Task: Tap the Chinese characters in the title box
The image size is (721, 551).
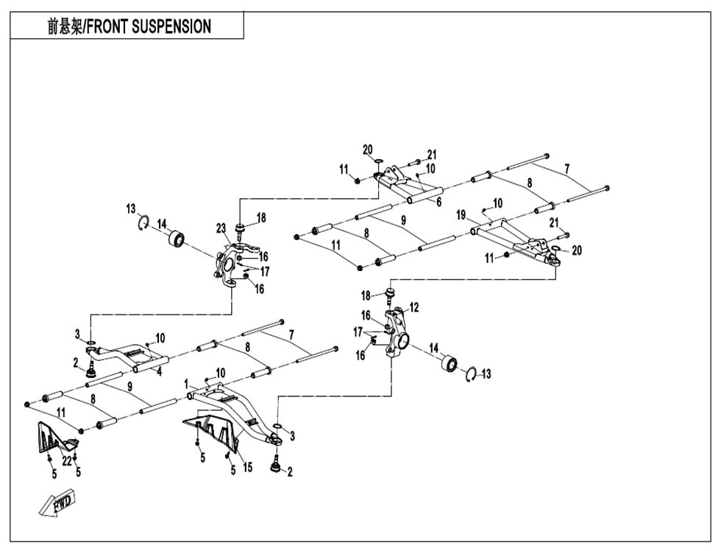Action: [x=65, y=27]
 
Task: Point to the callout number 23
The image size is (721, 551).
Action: [x=221, y=228]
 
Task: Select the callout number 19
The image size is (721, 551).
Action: [x=461, y=215]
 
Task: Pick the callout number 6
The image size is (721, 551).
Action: [x=438, y=202]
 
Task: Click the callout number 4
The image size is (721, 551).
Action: [x=159, y=372]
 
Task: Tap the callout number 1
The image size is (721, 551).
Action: [x=186, y=384]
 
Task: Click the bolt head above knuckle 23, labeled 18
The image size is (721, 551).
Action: [x=240, y=227]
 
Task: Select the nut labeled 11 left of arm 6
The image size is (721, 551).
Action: [x=358, y=180]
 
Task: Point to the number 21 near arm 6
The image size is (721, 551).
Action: [x=431, y=154]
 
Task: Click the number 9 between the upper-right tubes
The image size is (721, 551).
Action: [x=403, y=220]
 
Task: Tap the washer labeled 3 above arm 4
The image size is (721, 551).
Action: [x=92, y=343]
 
